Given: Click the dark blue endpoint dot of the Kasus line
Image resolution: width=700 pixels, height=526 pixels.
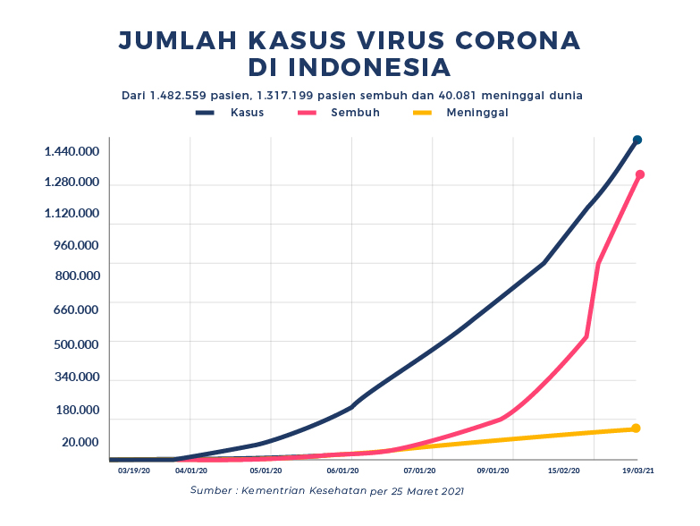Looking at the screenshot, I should [637, 140].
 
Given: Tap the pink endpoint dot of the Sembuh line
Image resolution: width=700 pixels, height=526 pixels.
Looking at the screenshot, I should [640, 174].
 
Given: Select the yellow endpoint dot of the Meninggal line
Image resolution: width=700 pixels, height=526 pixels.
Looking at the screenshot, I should [636, 428].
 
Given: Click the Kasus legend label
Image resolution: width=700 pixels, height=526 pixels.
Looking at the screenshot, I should [247, 113].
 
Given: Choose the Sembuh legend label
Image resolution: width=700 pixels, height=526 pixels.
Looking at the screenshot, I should [355, 113].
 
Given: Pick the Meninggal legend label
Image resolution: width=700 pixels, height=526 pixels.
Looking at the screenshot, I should [477, 113].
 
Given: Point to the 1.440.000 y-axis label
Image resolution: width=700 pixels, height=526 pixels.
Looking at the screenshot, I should [72, 151].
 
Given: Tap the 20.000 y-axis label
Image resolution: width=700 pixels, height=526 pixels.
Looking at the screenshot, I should [80, 442].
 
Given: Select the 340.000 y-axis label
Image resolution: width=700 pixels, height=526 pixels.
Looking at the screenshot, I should [77, 377].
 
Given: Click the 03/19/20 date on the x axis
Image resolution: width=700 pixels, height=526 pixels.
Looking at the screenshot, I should [134, 469].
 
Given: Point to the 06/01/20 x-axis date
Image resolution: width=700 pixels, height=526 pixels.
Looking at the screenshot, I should [344, 469].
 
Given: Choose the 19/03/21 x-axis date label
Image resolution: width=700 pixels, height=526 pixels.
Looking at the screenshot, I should [637, 469].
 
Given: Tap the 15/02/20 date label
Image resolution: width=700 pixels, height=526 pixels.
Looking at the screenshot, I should [564, 469].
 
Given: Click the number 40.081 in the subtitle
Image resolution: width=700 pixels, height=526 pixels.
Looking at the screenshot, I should [482, 95].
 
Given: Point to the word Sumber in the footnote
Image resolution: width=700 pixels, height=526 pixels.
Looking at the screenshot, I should [211, 491].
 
